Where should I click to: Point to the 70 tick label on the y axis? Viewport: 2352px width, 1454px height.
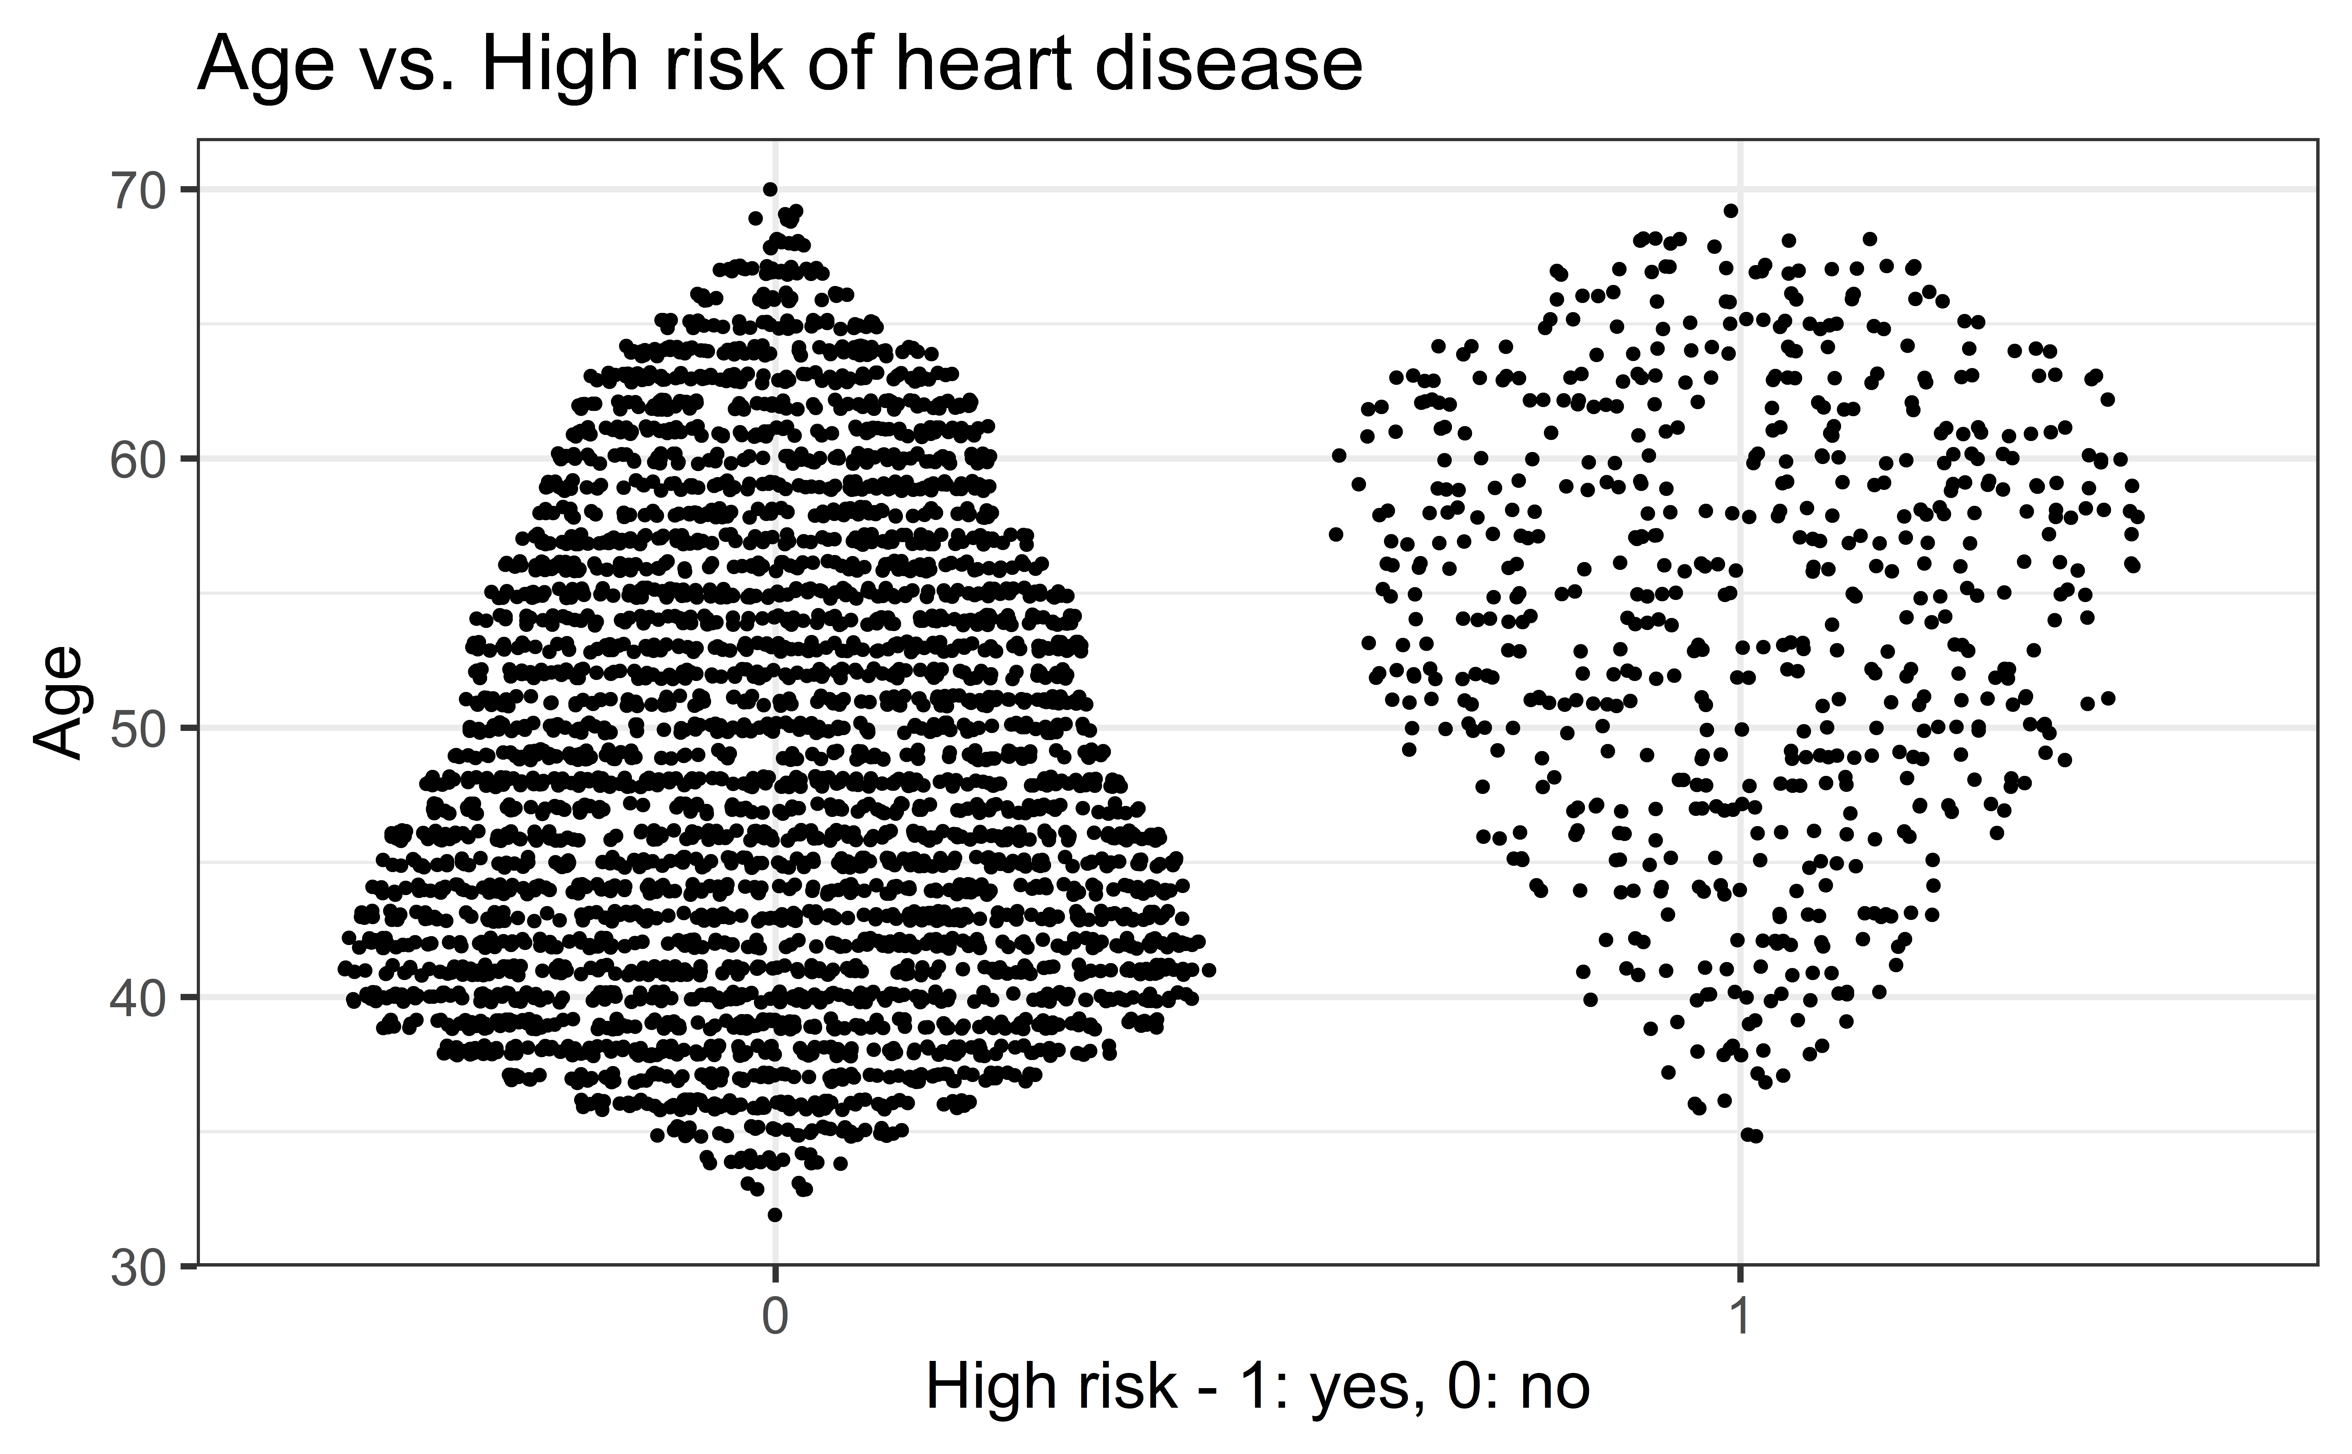[136, 190]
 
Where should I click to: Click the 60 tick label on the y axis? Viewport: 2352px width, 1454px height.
[136, 460]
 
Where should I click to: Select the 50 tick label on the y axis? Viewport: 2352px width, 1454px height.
[136, 729]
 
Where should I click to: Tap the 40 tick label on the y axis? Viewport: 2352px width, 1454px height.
[136, 998]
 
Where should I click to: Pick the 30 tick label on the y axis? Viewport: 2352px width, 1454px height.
[136, 1267]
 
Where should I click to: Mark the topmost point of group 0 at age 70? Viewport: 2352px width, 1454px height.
[770, 190]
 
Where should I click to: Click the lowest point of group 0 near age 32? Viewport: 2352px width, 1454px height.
[775, 1215]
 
